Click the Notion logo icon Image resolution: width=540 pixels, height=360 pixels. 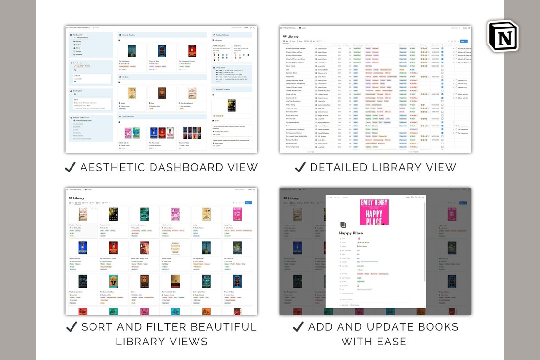tap(503, 36)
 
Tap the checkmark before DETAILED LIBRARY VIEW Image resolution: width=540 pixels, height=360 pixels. tap(299, 167)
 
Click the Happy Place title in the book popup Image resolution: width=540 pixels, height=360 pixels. tap(351, 233)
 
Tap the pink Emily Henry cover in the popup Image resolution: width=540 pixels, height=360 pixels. tap(374, 212)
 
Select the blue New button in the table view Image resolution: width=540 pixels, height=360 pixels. tap(463, 41)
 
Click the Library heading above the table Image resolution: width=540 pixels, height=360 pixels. tap(293, 36)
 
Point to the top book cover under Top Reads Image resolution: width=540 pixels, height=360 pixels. tap(232, 105)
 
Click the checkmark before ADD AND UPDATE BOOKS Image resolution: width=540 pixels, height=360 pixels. tap(298, 327)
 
